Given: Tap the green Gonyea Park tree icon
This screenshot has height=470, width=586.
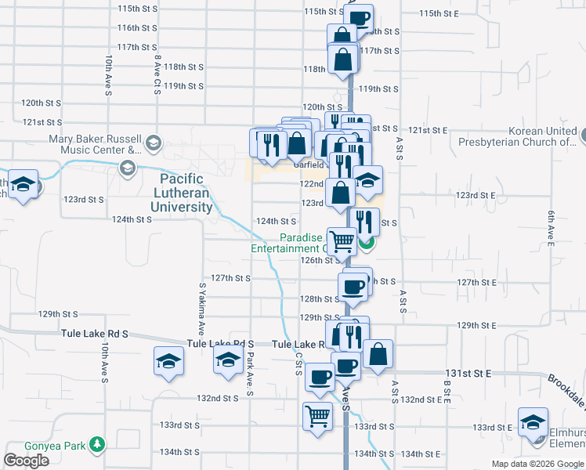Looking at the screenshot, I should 97,445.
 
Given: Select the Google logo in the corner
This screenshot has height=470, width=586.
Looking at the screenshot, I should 26,461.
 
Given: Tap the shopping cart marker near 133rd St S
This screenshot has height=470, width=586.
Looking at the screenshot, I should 317,415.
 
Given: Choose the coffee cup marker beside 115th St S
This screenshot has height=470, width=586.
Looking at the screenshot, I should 359,17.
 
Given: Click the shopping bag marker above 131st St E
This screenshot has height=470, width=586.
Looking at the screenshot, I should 378,352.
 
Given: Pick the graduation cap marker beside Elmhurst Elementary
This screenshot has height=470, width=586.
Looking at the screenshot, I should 533,421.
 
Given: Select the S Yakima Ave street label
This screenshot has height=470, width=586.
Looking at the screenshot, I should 202,308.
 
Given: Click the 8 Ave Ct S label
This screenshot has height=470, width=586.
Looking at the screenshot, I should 157,75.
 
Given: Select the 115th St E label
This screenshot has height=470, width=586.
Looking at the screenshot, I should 443,13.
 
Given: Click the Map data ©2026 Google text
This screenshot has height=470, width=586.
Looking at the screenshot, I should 537,464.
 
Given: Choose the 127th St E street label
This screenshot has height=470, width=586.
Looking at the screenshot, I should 478,282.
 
